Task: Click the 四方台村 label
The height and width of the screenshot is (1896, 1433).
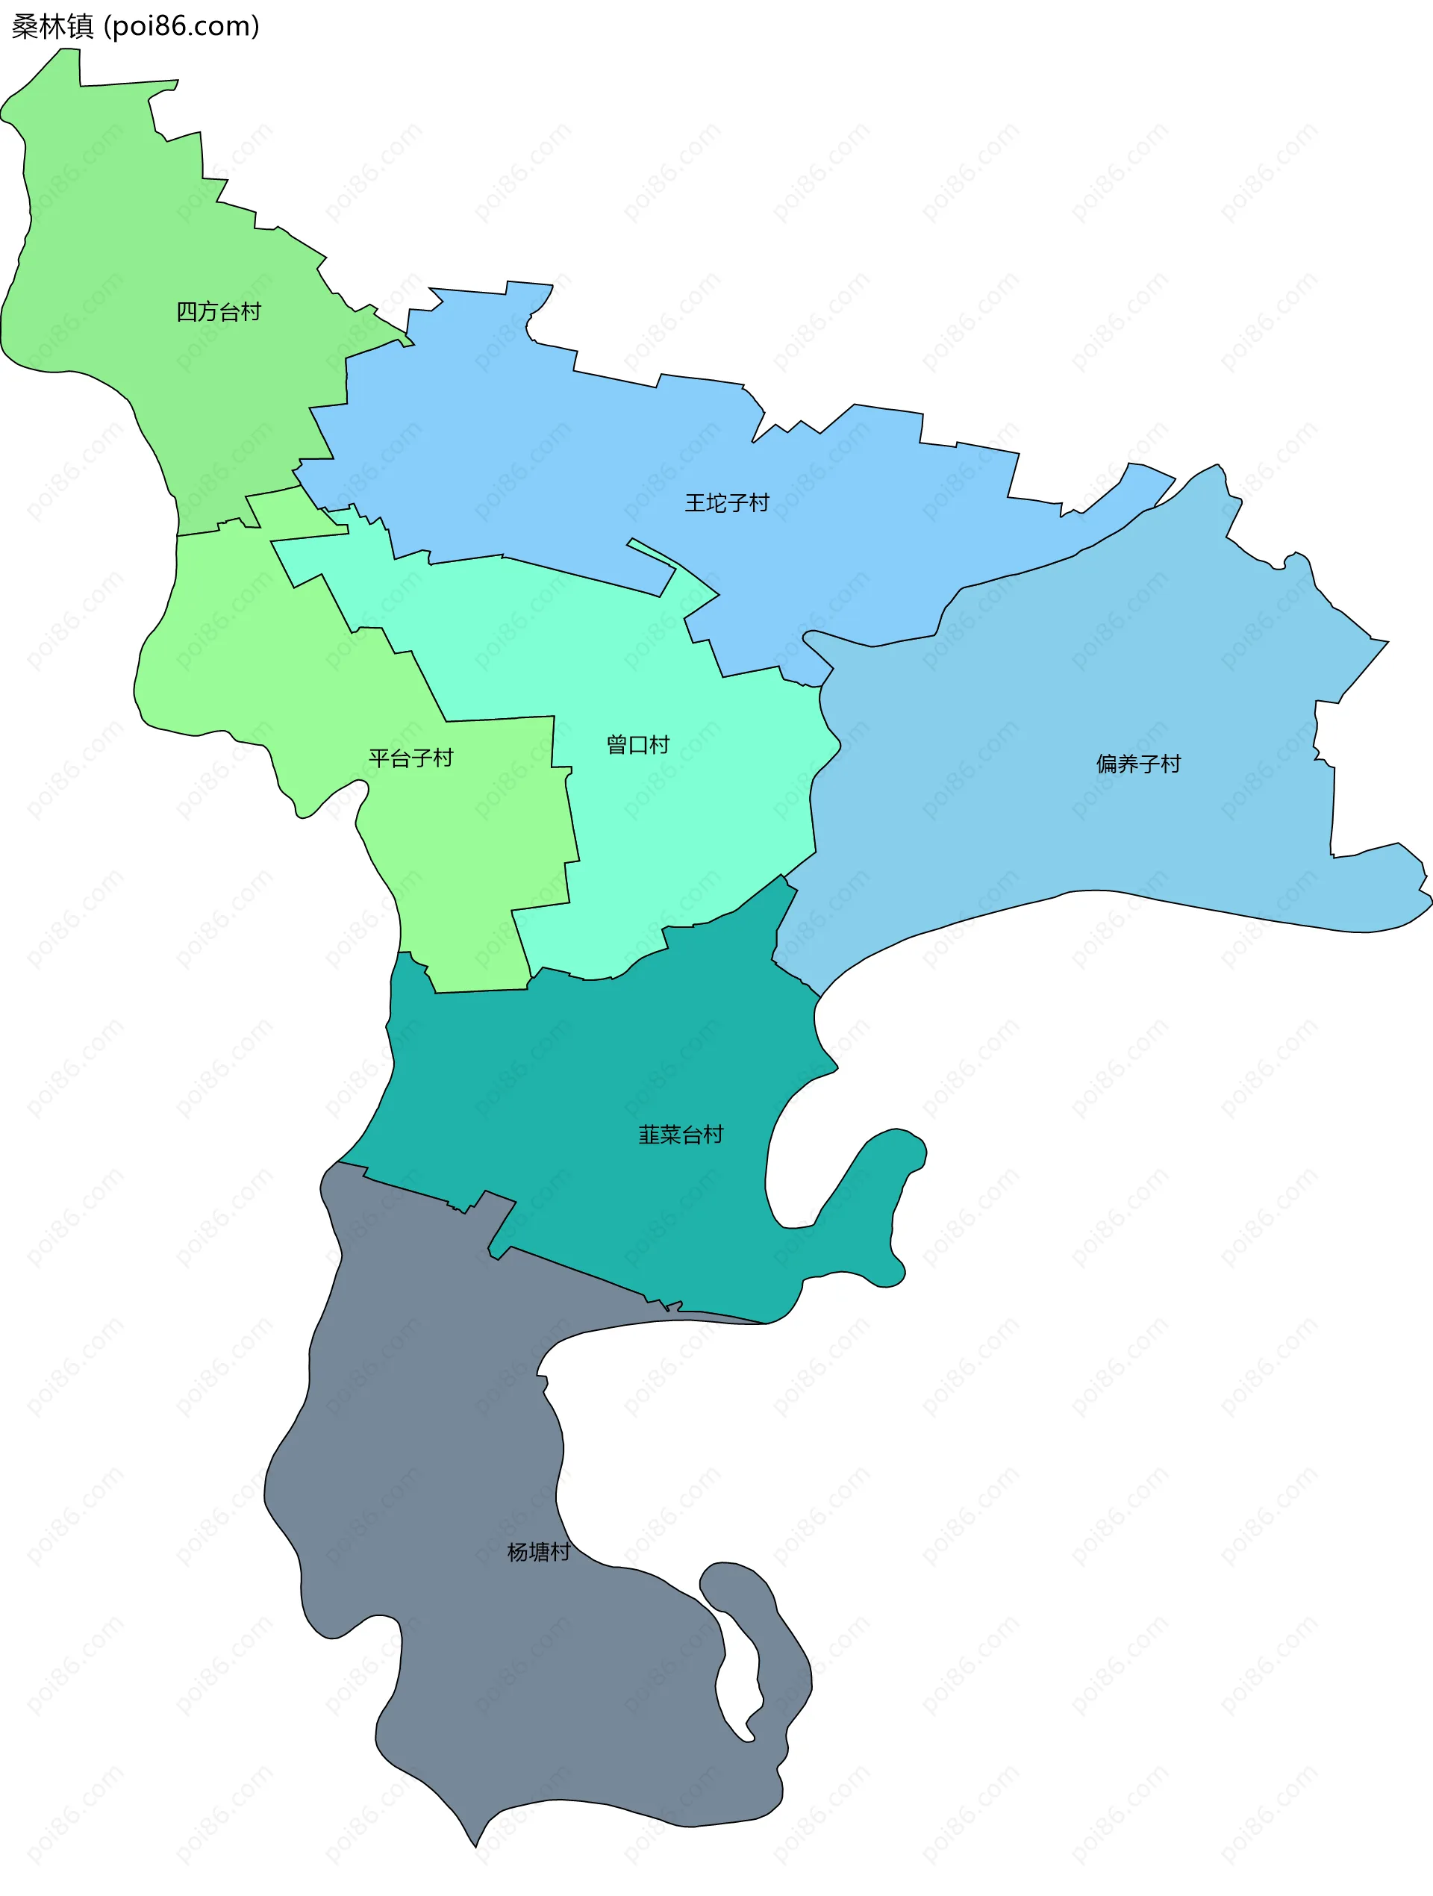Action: click(x=219, y=312)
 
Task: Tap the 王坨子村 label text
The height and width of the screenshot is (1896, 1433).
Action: click(x=727, y=503)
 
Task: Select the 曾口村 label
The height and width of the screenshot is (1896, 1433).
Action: click(x=637, y=745)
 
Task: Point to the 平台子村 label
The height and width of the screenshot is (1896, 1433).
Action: click(x=410, y=758)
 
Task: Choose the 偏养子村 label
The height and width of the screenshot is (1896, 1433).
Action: click(x=1138, y=764)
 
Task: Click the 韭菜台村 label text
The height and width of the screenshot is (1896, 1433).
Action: click(x=681, y=1135)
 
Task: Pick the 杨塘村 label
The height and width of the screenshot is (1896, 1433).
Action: click(x=538, y=1553)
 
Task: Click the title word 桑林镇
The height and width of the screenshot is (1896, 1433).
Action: click(x=52, y=27)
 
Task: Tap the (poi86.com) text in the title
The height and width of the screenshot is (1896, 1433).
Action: click(x=181, y=27)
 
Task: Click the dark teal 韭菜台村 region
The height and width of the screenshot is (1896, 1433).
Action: click(x=600, y=1071)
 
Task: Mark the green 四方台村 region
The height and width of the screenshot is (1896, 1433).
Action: click(x=128, y=257)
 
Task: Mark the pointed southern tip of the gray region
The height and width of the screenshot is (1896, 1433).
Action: click(x=475, y=1843)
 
